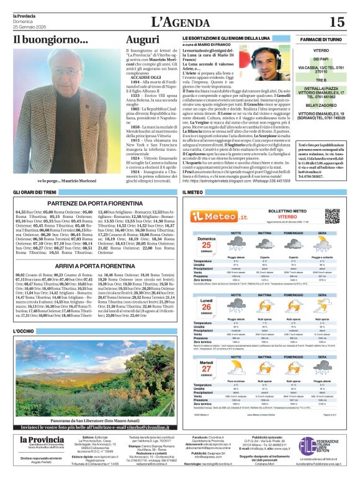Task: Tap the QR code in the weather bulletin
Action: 332,215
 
